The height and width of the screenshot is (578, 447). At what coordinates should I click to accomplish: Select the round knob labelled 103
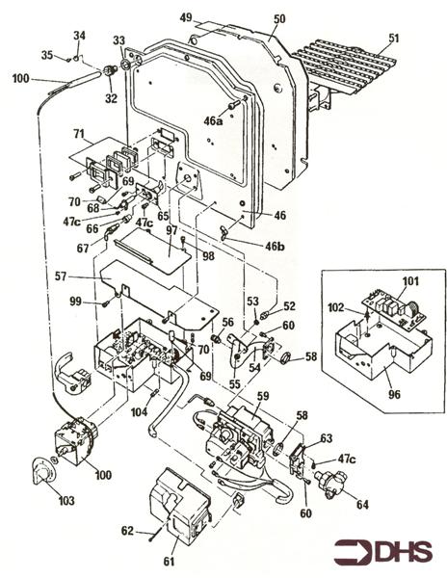45,472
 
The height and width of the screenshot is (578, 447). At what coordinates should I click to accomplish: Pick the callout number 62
127,530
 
